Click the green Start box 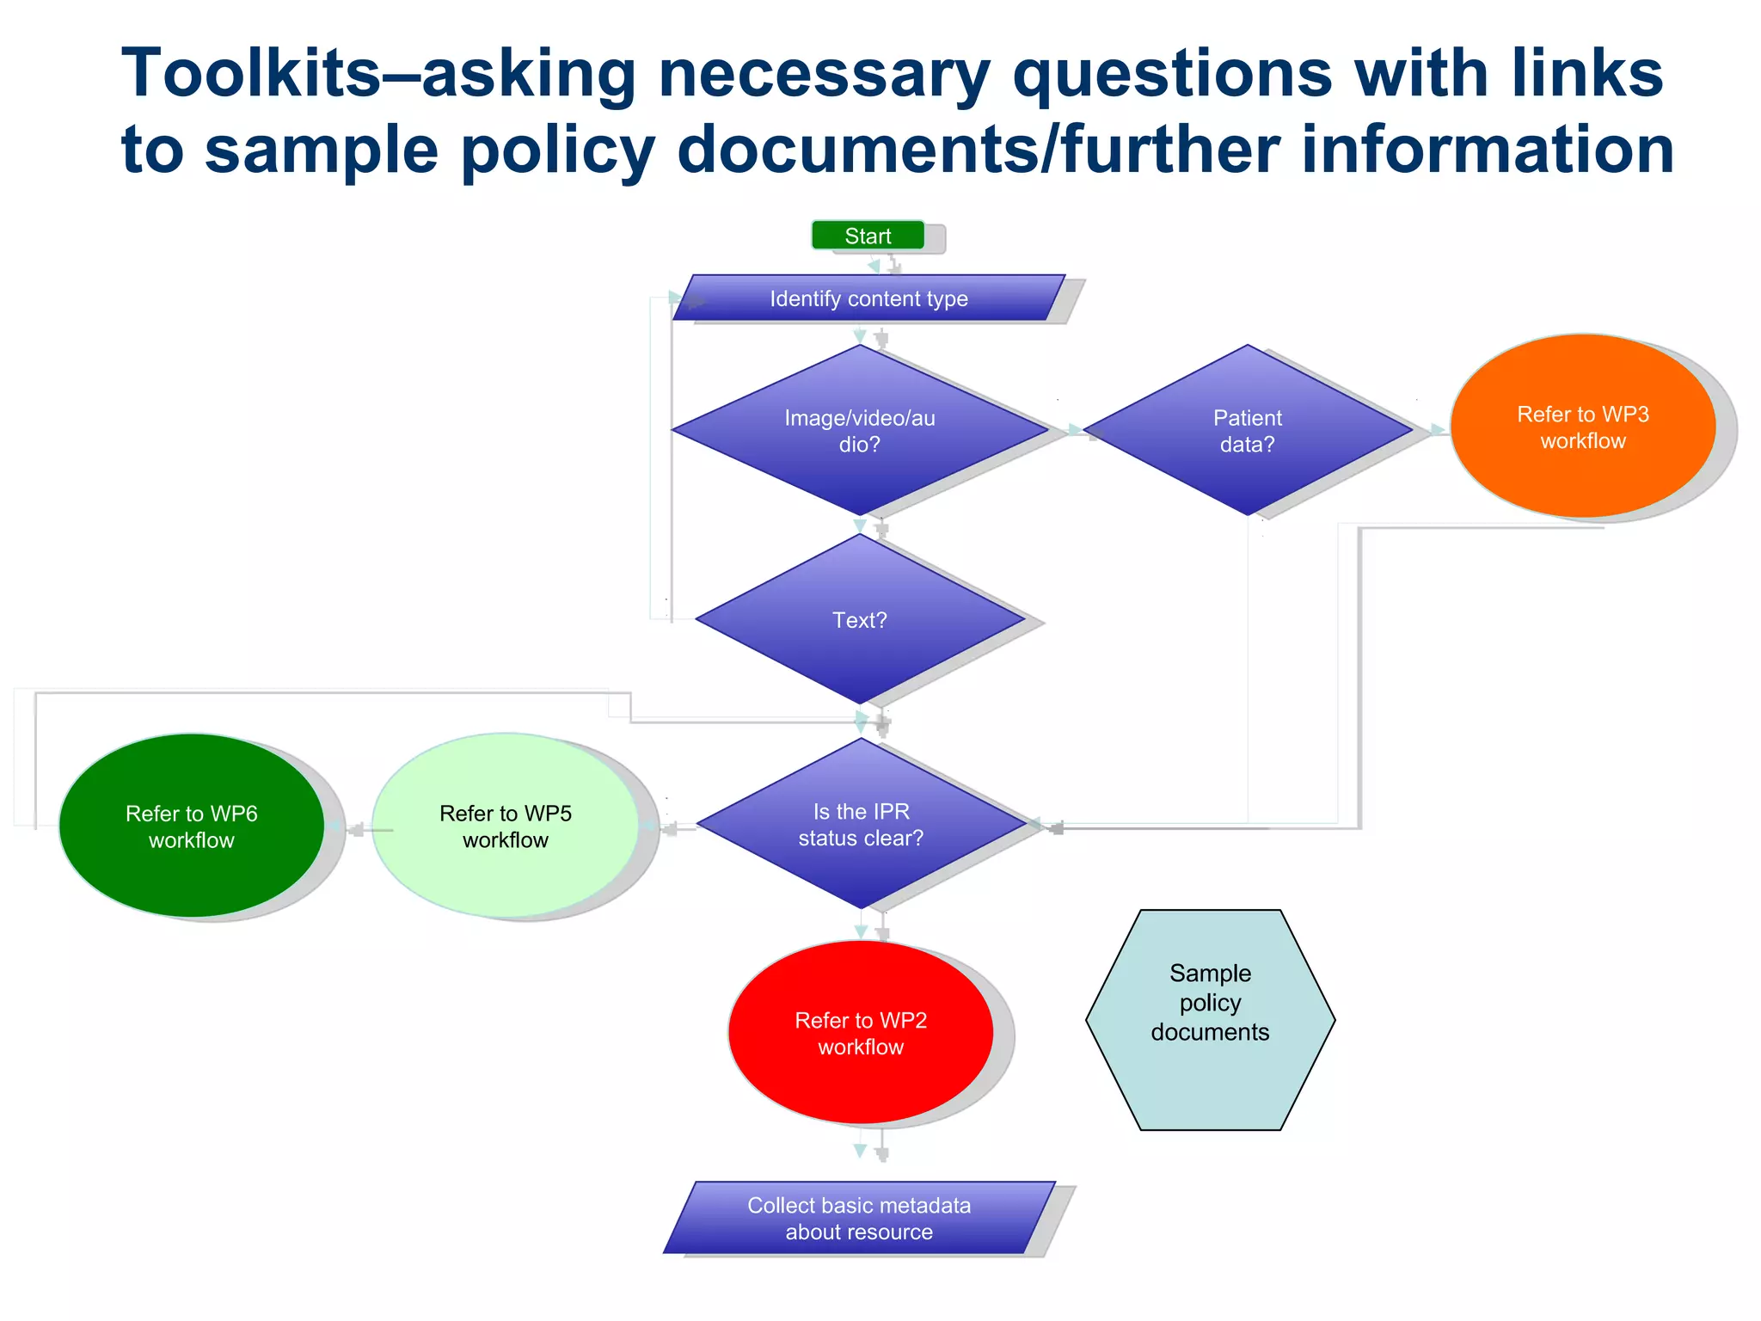[x=868, y=236]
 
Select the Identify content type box [x=868, y=298]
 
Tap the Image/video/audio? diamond [x=860, y=430]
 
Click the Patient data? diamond [x=1247, y=430]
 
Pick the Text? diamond [x=860, y=619]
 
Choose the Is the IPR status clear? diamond [x=861, y=824]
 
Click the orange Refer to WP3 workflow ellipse [x=1582, y=427]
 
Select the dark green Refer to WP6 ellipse [x=191, y=826]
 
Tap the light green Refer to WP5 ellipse [x=506, y=826]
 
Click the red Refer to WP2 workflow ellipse [x=861, y=1033]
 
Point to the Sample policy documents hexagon [x=1210, y=1019]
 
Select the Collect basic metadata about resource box [x=859, y=1218]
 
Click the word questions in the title [x=1172, y=74]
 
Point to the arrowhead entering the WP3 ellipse [x=1438, y=430]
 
